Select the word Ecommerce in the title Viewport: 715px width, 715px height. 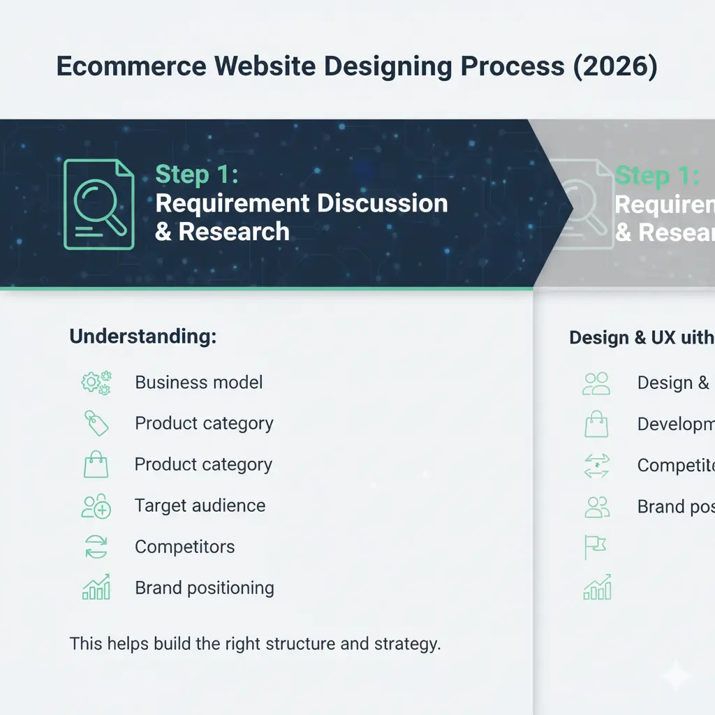pyautogui.click(x=131, y=66)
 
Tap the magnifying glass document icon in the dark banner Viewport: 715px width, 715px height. pyautogui.click(x=98, y=204)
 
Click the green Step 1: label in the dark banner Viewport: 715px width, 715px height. pyautogui.click(x=196, y=175)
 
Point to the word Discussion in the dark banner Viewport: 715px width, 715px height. pyautogui.click(x=383, y=203)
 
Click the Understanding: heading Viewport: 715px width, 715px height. pyautogui.click(x=143, y=337)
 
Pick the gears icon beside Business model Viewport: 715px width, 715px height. pyautogui.click(x=96, y=383)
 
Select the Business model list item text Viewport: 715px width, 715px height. pyautogui.click(x=199, y=383)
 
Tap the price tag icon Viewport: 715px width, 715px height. pyautogui.click(x=96, y=423)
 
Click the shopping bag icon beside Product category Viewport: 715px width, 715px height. pyautogui.click(x=96, y=464)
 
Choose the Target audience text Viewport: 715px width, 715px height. pyautogui.click(x=200, y=506)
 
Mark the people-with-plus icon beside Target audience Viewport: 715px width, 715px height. pyautogui.click(x=96, y=506)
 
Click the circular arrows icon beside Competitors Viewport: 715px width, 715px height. pyautogui.click(x=96, y=547)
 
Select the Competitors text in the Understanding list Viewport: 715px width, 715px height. pyautogui.click(x=184, y=547)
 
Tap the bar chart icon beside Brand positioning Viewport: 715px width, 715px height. pyautogui.click(x=96, y=588)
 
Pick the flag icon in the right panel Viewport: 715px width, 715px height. pyautogui.click(x=595, y=547)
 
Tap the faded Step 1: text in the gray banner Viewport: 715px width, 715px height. pyautogui.click(x=656, y=175)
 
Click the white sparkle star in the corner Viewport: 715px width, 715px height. pyautogui.click(x=677, y=676)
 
